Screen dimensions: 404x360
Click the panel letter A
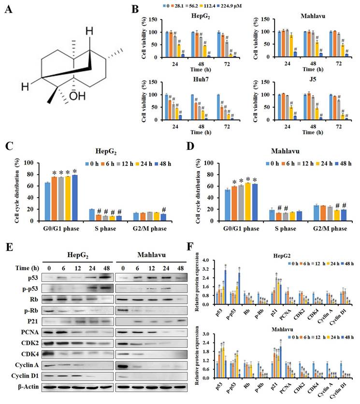pos(14,11)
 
